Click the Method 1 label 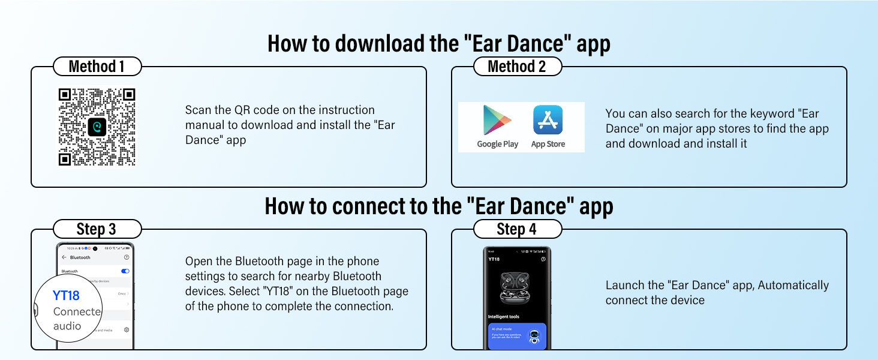(97, 66)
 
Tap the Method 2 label (517, 66)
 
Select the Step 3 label (97, 229)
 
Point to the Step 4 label (517, 229)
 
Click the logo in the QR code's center (97, 126)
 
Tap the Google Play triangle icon (497, 120)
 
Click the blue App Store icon (548, 119)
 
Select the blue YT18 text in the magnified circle (66, 295)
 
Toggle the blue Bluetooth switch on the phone (125, 271)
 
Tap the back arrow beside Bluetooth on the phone (64, 257)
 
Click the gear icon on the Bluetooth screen (127, 330)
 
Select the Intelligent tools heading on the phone (504, 316)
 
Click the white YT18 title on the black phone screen (494, 259)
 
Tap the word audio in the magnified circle (67, 326)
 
